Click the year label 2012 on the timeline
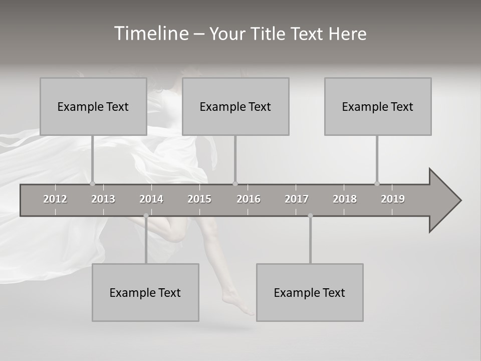[55, 199]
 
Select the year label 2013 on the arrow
[103, 199]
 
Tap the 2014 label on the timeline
[151, 199]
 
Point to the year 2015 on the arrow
[199, 199]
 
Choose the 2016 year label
[249, 199]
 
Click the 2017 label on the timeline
[297, 199]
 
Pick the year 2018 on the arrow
[345, 199]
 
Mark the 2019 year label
[393, 199]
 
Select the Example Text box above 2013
[93, 106]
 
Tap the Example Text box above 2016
[235, 106]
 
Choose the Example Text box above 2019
[378, 106]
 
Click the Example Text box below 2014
[145, 292]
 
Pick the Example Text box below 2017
[310, 292]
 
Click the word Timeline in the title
[151, 34]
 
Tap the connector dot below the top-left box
[93, 184]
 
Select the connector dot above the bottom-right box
[310, 216]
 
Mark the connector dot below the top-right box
[377, 184]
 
